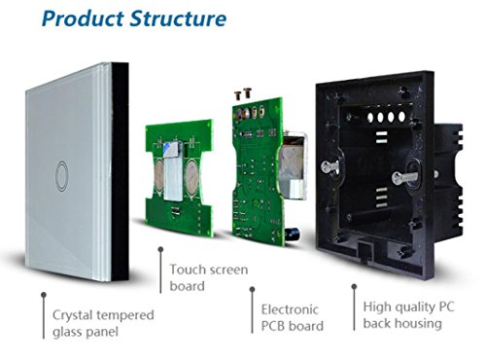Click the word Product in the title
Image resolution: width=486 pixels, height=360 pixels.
pyautogui.click(x=83, y=18)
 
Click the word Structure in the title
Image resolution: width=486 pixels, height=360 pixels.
pyautogui.click(x=178, y=18)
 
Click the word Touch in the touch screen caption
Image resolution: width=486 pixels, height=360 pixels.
pyautogui.click(x=187, y=270)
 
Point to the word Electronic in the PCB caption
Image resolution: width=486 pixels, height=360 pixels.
pyautogui.click(x=290, y=309)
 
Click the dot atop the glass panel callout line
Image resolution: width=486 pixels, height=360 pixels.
pyautogui.click(x=44, y=295)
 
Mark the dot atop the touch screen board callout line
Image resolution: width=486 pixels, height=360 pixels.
pyautogui.click(x=160, y=249)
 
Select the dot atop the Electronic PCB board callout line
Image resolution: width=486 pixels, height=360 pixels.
pyautogui.click(x=252, y=289)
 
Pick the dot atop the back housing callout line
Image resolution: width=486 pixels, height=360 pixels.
pyautogui.click(x=354, y=287)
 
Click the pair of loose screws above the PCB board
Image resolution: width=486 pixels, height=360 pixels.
pyautogui.click(x=243, y=93)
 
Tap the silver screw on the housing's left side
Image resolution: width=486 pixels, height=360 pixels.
pyautogui.click(x=330, y=166)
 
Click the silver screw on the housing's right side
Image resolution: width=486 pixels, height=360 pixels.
pyautogui.click(x=404, y=177)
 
